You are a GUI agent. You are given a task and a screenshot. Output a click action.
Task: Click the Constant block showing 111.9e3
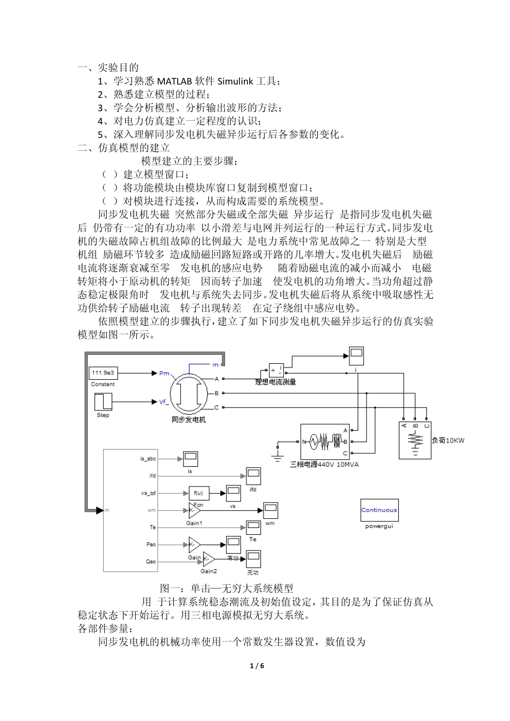click(103, 373)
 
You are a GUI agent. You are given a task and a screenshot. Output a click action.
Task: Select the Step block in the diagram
click(103, 402)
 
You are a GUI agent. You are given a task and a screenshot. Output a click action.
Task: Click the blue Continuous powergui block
click(379, 510)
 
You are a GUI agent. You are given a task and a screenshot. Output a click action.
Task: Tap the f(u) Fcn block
click(198, 494)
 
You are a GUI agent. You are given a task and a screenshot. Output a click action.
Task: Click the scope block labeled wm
click(269, 510)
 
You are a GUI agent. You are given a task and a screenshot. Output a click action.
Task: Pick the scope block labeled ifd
click(253, 476)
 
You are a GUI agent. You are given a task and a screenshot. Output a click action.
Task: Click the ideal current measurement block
click(276, 370)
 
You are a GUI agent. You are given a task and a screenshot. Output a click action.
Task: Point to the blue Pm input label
click(164, 373)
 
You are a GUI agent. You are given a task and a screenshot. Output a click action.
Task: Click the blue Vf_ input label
click(164, 401)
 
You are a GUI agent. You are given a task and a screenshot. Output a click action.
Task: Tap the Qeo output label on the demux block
click(151, 562)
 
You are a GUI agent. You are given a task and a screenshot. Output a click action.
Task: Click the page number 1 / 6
click(257, 666)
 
